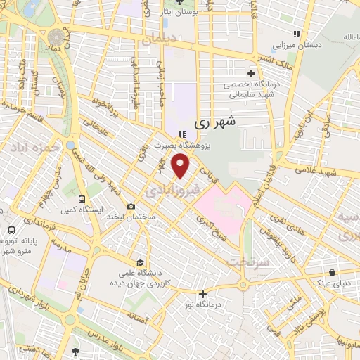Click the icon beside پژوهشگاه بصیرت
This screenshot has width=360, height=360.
click(182, 135)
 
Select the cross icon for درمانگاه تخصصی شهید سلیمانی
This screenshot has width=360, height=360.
click(251, 72)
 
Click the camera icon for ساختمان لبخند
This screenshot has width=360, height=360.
click(131, 207)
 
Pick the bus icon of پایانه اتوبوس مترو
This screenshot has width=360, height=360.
click(11, 230)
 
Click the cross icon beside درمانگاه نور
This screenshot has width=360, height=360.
click(203, 293)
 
